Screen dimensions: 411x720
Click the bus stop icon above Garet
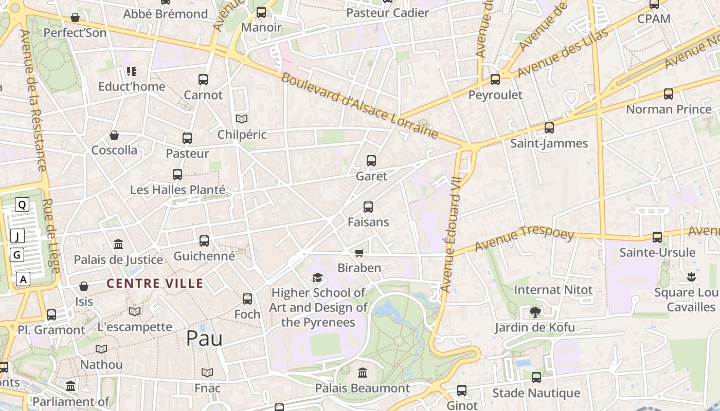[x=371, y=161]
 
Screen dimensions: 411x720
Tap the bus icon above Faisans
[x=368, y=207]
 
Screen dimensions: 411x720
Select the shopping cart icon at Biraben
[x=359, y=253]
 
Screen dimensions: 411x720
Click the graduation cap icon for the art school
[x=318, y=278]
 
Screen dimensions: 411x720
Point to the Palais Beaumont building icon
[x=363, y=372]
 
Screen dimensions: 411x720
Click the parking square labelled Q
[x=22, y=205]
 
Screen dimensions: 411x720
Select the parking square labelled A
[x=23, y=279]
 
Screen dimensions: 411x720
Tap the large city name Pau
[x=204, y=338]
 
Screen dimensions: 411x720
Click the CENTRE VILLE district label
[x=155, y=283]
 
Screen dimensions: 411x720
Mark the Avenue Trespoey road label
[x=524, y=239]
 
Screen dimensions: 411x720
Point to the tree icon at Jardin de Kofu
[x=535, y=312]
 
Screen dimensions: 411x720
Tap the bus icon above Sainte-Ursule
[x=657, y=237]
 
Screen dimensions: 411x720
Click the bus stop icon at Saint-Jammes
[x=549, y=128]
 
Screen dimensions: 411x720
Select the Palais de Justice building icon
[x=118, y=244]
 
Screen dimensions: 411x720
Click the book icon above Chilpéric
[x=242, y=119]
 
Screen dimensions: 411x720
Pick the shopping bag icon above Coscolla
[x=114, y=135]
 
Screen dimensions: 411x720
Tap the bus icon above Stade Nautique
[x=536, y=378]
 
